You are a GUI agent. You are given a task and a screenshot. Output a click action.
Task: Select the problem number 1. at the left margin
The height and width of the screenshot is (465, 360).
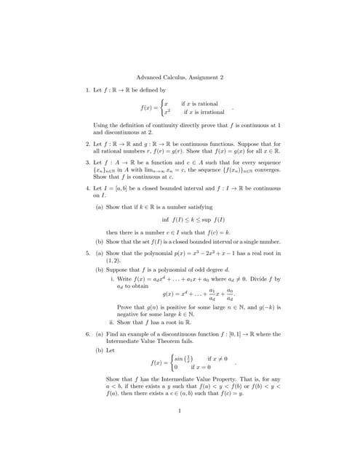tap(89, 89)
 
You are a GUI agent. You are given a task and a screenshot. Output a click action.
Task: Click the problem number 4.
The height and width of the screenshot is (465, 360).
tap(89, 187)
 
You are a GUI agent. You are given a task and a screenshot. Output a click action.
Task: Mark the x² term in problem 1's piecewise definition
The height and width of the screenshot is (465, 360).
tap(167, 112)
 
